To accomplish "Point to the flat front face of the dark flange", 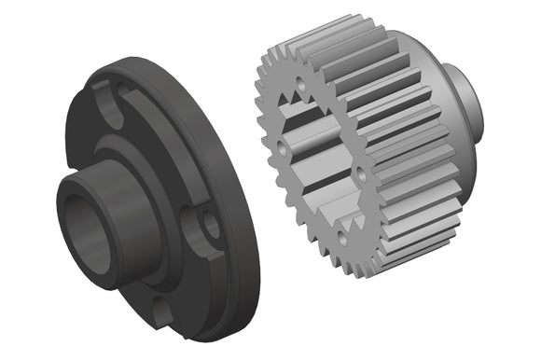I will (x=187, y=140).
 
